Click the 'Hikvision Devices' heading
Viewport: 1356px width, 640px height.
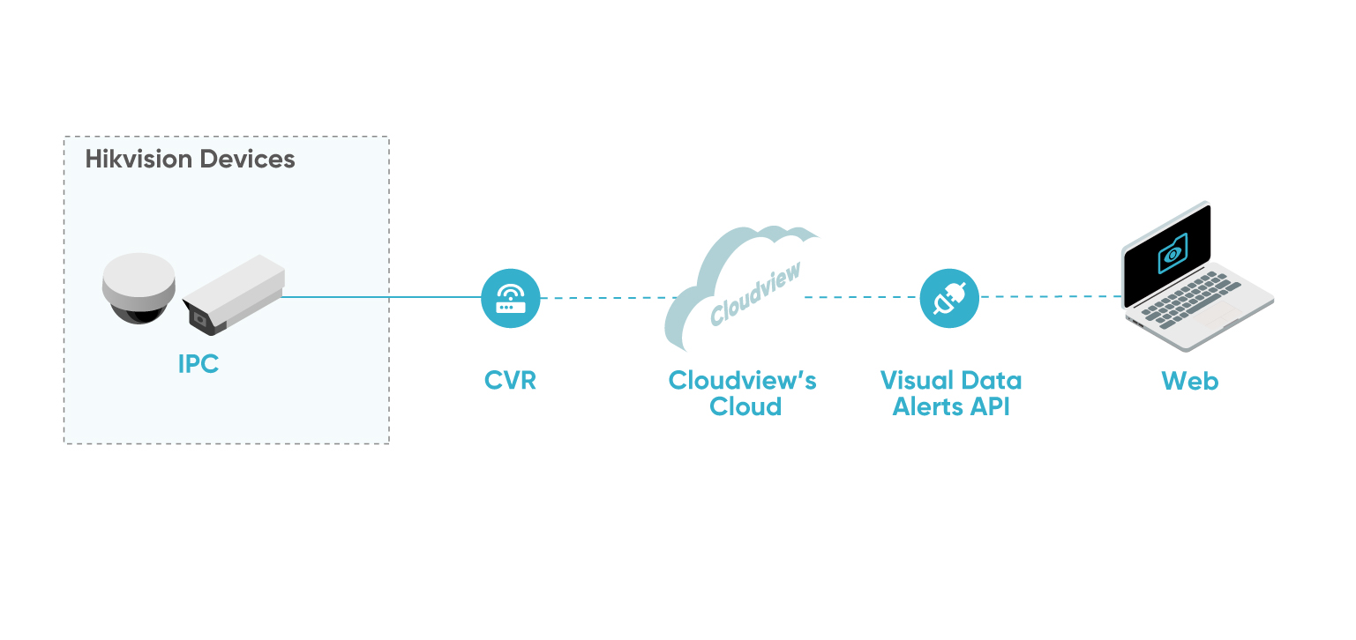(190, 160)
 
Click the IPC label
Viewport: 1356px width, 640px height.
(199, 364)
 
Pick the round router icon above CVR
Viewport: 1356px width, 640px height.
(511, 298)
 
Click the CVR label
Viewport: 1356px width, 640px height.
(510, 381)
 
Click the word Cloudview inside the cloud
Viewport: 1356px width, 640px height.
(755, 294)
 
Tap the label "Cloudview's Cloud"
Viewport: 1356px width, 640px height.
(742, 393)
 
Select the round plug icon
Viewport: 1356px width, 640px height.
(949, 298)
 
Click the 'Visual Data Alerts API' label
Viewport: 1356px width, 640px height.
(951, 393)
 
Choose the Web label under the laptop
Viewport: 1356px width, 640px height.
(1189, 381)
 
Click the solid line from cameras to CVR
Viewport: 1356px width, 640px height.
(379, 297)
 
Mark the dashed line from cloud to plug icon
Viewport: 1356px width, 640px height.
(860, 298)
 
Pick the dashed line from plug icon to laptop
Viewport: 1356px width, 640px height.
(1050, 297)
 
